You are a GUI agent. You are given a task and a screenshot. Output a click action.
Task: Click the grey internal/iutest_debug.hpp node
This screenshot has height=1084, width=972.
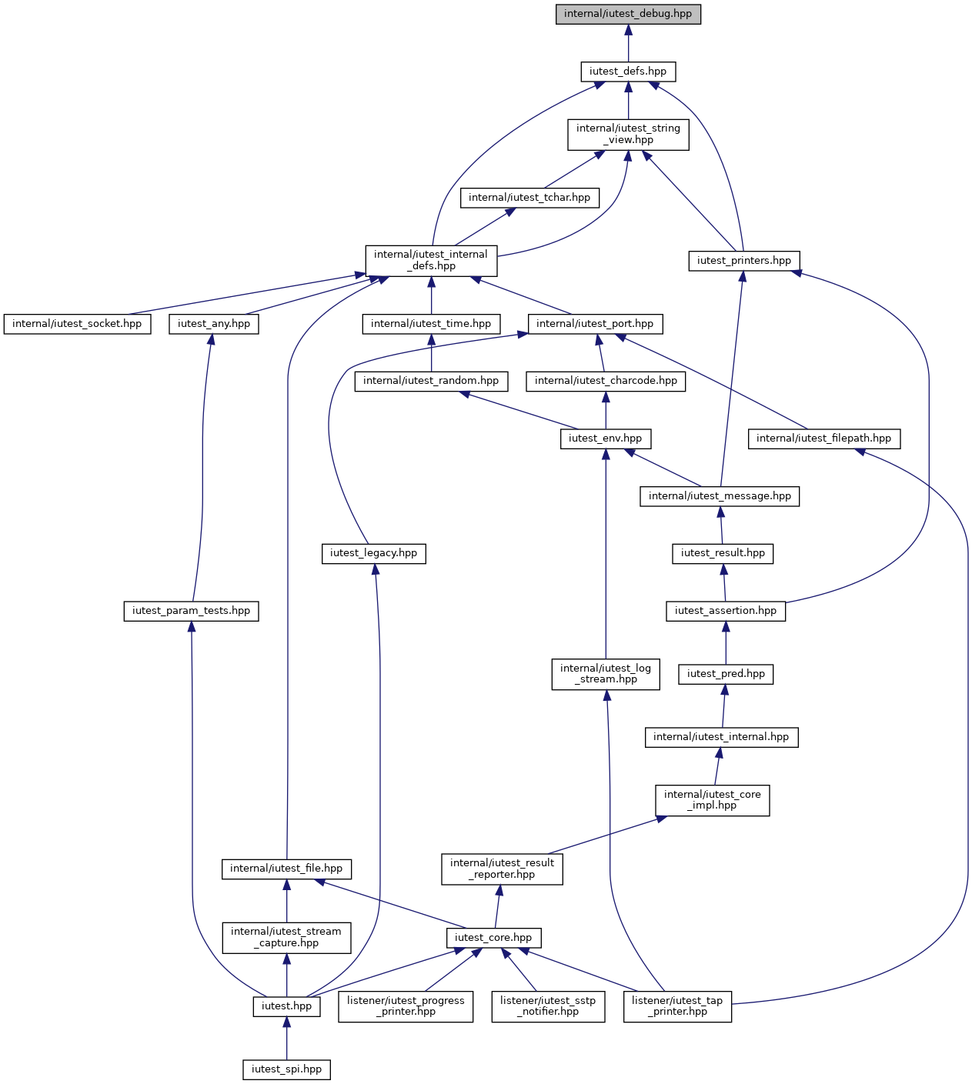628,14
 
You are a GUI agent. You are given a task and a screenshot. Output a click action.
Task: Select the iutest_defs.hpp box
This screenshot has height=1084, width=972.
628,72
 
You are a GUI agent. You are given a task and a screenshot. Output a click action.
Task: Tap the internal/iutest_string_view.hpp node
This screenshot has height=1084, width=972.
628,135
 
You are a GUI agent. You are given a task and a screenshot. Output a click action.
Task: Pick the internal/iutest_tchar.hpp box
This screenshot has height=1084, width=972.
529,198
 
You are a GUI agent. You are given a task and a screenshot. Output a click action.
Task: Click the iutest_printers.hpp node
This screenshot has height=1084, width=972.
744,261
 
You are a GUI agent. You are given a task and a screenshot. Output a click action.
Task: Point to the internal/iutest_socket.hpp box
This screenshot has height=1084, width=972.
77,324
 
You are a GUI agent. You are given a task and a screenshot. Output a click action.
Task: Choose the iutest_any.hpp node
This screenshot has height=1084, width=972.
213,324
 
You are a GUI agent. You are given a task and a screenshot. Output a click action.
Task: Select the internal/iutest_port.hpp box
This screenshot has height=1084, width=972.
595,324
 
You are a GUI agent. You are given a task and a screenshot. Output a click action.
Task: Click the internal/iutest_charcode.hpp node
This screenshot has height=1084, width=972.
606,381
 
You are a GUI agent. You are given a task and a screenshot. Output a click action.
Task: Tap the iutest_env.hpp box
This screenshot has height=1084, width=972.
606,439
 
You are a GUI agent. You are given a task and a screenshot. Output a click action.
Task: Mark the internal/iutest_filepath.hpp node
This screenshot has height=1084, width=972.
823,439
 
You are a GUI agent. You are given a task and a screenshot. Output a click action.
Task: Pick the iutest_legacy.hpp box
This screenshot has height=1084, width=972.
373,553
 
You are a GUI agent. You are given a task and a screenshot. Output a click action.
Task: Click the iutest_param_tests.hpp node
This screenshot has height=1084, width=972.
191,611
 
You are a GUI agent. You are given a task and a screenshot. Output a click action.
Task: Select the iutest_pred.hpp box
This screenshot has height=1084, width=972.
726,674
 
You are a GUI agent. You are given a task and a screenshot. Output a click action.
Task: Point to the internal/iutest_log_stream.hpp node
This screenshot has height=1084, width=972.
606,674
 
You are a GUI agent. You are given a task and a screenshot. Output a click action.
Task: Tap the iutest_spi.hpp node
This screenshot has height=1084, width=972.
286,1069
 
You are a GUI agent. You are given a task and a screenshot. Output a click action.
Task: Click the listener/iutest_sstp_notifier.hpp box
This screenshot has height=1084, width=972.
548,1006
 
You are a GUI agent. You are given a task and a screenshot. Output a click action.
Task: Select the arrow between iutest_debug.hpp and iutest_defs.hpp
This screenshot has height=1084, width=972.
628,43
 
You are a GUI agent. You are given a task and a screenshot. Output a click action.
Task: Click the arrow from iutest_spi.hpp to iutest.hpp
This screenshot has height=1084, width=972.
286,1038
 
